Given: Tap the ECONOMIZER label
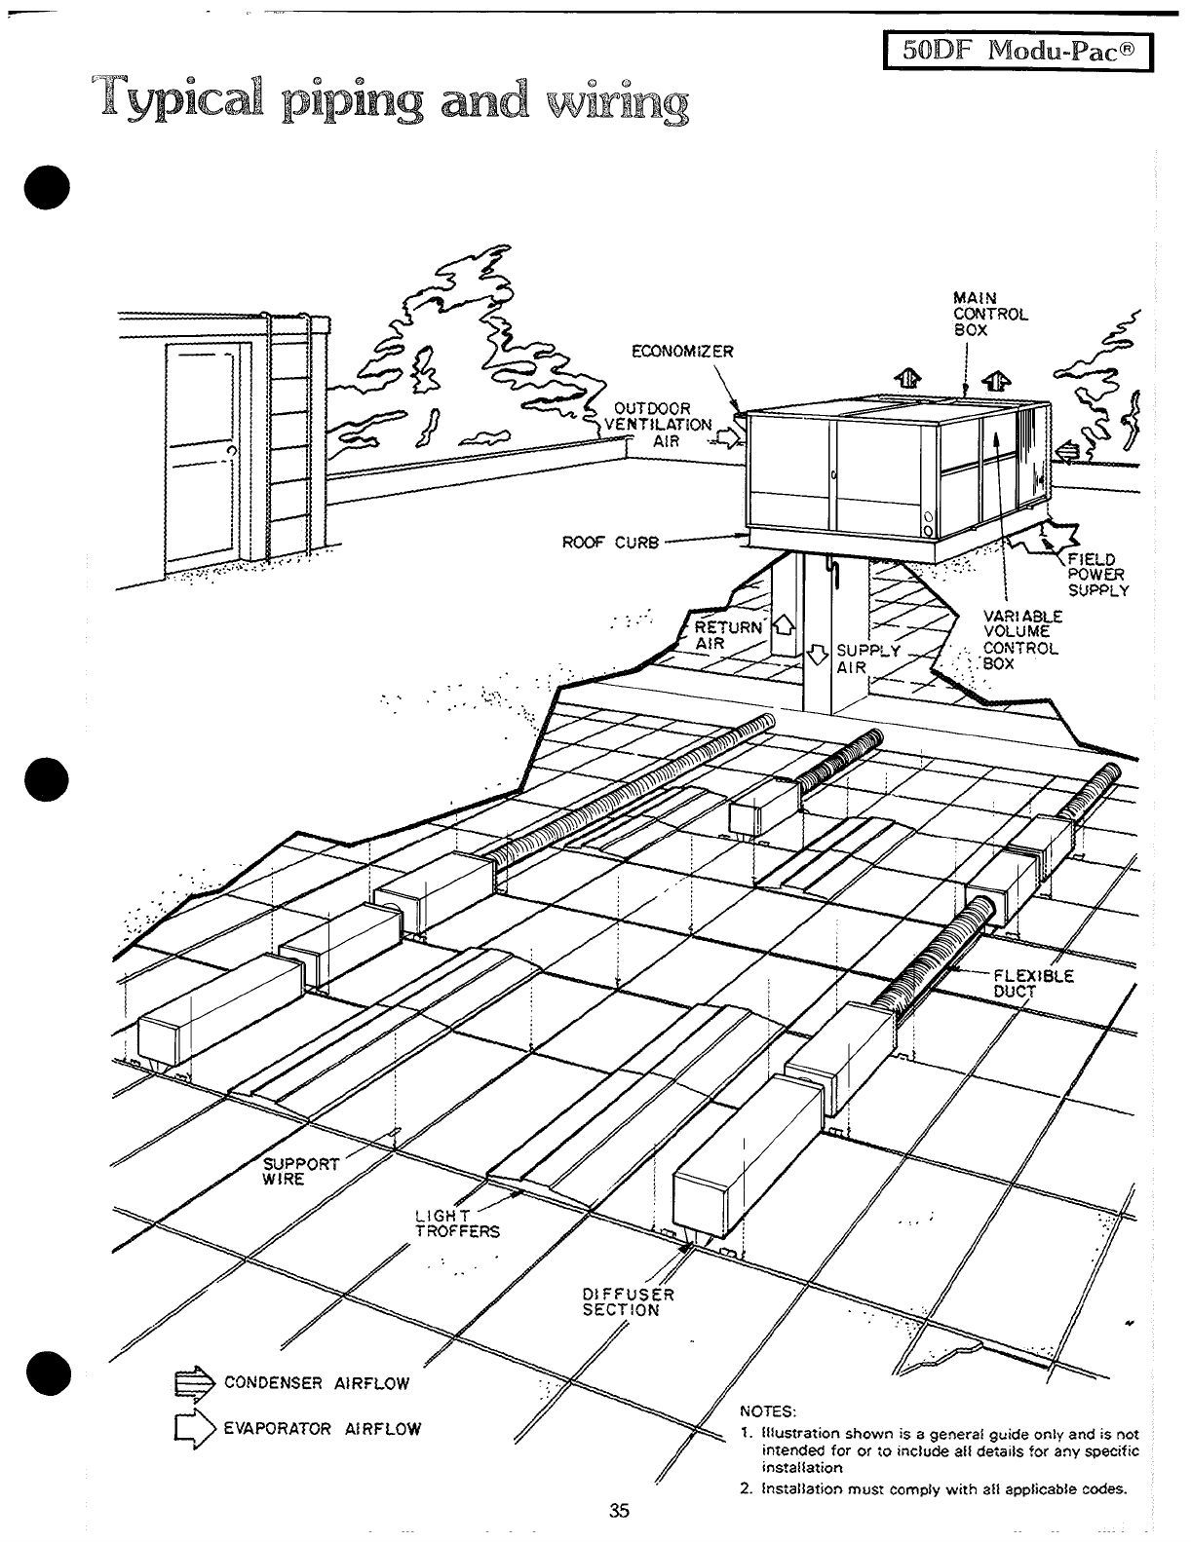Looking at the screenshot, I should (682, 352).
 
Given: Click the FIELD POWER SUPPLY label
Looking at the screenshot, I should (1098, 575).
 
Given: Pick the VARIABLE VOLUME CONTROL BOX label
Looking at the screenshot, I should (1022, 640).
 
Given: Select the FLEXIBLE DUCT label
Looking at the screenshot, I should (1033, 983).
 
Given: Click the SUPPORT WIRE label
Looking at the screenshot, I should (301, 1171).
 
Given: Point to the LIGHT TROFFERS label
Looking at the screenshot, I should (456, 1222).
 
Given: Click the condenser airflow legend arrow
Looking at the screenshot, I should (193, 1382).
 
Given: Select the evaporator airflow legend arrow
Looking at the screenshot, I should (193, 1429).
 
